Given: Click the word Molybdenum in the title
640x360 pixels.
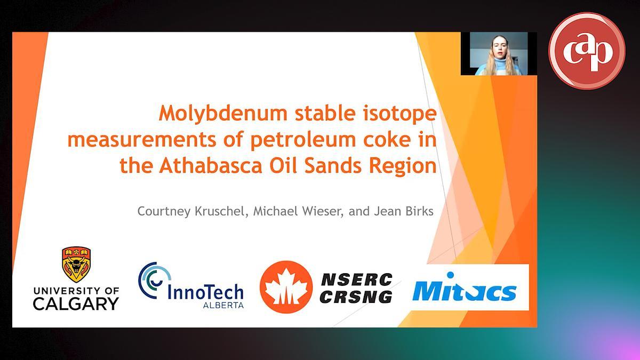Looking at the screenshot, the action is [223, 114].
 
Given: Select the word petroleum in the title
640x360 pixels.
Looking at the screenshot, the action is [303, 140].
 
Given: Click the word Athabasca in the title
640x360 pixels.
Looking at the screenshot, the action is [210, 166].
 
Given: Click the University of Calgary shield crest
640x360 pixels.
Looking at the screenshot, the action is [76, 265].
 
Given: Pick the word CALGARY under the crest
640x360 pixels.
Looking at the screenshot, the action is [76, 303].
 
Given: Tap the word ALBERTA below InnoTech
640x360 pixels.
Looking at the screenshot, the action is [223, 305].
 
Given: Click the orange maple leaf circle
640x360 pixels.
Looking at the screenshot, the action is [286, 287].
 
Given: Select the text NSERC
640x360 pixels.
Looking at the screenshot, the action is [357, 279].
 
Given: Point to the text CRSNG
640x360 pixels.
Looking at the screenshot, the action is [356, 297].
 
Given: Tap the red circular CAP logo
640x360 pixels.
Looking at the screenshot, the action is [587, 51].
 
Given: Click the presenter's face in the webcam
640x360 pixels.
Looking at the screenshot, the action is [499, 49].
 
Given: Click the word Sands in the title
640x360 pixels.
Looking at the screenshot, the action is [333, 166].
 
